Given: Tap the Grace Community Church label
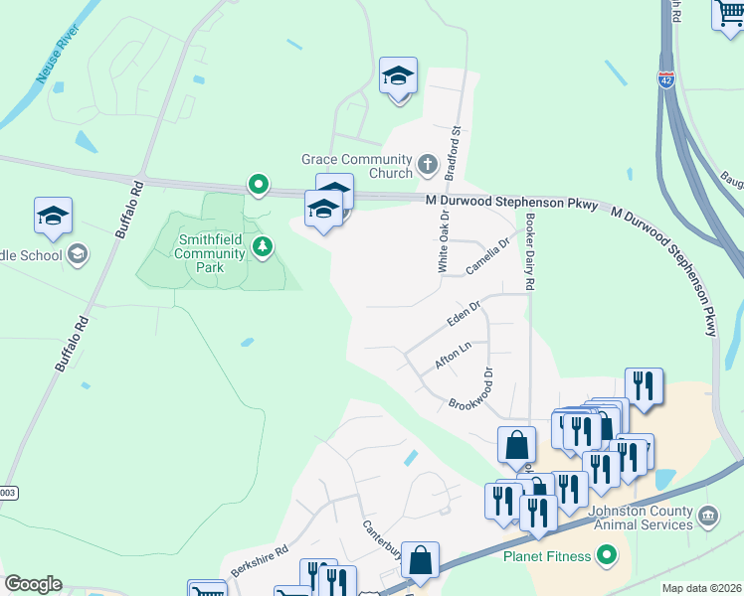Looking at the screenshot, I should click(356, 166).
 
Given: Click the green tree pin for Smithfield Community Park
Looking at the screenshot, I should click(262, 245).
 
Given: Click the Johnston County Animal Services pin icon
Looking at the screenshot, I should click(707, 516).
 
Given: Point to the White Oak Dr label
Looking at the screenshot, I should click(444, 241).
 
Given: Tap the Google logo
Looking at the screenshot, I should click(33, 584).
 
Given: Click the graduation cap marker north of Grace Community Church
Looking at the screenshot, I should click(398, 76).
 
